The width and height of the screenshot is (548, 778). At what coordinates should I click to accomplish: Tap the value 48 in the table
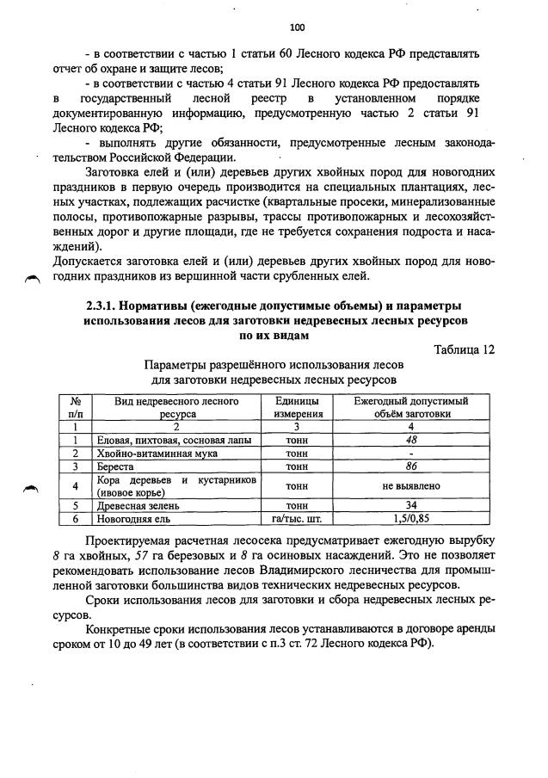pos(411,440)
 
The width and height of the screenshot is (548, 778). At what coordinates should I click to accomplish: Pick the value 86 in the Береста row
pos(411,466)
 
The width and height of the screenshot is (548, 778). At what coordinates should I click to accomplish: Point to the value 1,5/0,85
pos(411,519)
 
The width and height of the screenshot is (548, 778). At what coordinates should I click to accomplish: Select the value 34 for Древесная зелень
pos(411,506)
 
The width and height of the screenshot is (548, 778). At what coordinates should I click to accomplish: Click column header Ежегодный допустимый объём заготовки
pos(411,407)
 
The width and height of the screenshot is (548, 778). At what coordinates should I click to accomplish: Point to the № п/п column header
pos(76,407)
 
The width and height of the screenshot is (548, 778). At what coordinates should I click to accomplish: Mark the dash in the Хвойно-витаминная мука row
pos(411,454)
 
